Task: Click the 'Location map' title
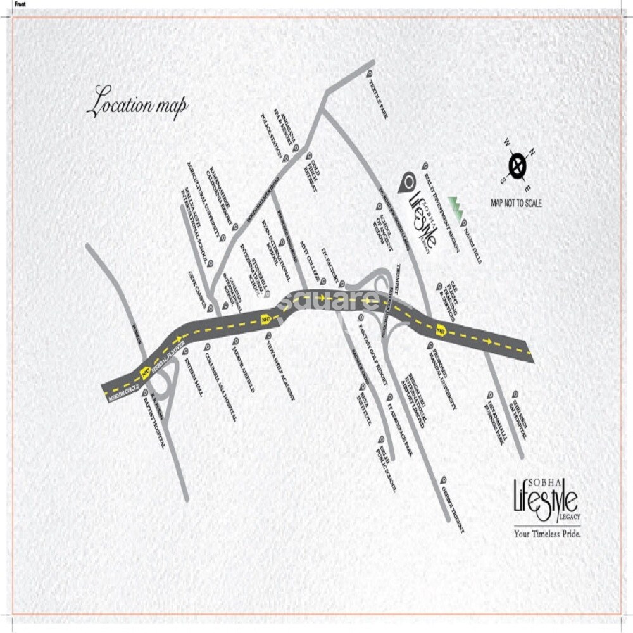[x=137, y=103]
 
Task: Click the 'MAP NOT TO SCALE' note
[x=516, y=203]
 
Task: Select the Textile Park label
[x=379, y=99]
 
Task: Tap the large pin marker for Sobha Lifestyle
[x=406, y=182]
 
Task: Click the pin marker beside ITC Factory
[x=342, y=283]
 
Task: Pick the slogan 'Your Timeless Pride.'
[x=547, y=533]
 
